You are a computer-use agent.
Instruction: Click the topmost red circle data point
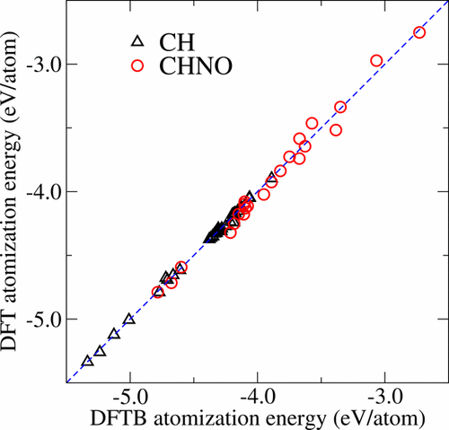[x=419, y=32]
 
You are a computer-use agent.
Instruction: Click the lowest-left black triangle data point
[x=87, y=361]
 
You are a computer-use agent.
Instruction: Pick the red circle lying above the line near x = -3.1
[x=376, y=61]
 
